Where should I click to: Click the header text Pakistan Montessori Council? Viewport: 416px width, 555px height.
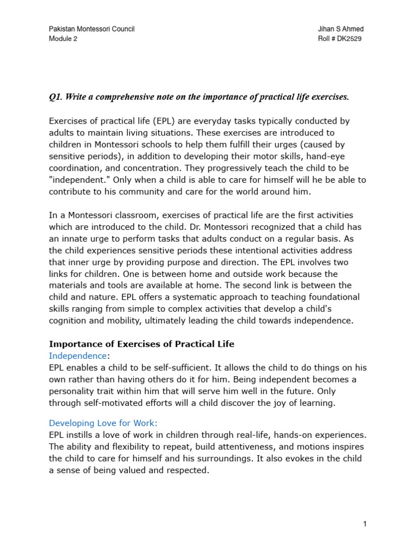click(92, 29)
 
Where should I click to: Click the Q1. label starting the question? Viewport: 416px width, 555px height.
click(56, 97)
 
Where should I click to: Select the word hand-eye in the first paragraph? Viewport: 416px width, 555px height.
click(350, 156)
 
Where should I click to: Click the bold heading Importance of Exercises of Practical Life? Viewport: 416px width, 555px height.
click(141, 344)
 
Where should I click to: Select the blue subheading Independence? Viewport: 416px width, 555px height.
click(79, 356)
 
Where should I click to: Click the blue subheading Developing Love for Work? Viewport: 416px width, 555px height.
click(103, 423)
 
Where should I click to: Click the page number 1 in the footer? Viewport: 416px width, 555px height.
click(365, 524)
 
